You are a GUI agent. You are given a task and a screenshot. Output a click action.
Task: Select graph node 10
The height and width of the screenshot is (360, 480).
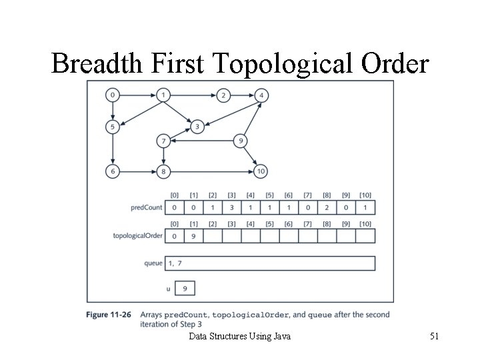[x=261, y=171]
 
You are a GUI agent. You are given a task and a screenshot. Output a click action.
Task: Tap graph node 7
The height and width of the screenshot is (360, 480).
[x=163, y=141]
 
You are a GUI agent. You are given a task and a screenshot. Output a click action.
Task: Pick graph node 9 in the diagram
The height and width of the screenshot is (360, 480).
[x=241, y=141]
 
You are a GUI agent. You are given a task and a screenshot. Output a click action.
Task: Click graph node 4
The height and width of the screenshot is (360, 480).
[x=262, y=95]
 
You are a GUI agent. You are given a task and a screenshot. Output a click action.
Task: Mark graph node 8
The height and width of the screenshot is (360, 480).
[x=163, y=171]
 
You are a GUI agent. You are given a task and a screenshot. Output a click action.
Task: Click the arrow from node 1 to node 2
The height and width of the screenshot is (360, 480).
[x=193, y=95]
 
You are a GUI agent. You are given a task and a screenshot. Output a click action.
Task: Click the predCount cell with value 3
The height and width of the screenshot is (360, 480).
[x=231, y=207]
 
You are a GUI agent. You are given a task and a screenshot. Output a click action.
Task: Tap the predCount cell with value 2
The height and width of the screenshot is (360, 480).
[x=327, y=207]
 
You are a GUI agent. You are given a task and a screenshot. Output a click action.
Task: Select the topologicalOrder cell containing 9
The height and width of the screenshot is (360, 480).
[x=193, y=235]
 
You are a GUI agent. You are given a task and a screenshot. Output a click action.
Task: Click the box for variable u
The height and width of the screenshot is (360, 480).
[x=184, y=289]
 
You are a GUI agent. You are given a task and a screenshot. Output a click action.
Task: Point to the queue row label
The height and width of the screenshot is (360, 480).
[x=153, y=263]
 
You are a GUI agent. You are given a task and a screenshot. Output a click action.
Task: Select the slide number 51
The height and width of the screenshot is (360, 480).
[x=434, y=337]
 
